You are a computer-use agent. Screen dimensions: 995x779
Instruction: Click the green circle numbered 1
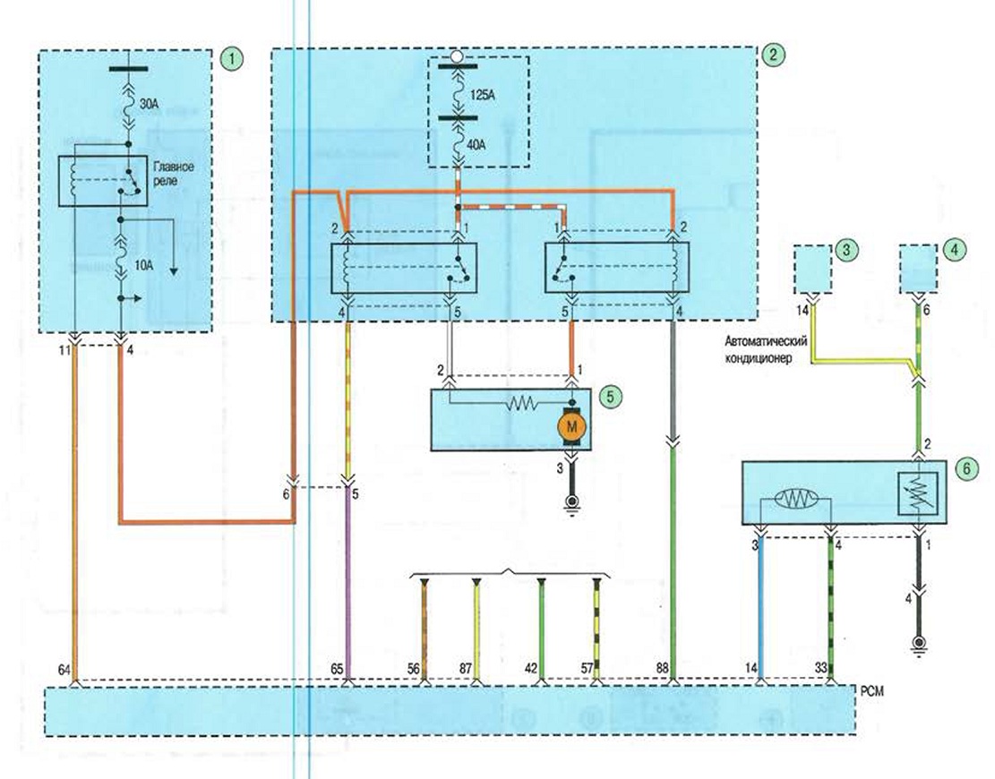[232, 60]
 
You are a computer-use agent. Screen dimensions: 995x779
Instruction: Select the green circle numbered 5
[610, 397]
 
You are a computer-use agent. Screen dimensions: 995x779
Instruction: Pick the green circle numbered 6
[966, 469]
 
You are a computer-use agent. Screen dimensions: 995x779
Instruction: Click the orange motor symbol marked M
[571, 426]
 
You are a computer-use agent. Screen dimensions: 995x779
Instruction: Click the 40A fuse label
[476, 145]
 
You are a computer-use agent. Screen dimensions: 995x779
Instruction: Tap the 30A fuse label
[148, 106]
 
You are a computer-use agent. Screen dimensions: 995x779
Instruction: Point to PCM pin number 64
[64, 669]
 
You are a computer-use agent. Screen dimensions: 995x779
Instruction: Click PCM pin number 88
[663, 668]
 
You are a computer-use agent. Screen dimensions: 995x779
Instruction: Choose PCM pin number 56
[414, 669]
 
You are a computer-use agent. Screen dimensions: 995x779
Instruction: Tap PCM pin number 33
[821, 668]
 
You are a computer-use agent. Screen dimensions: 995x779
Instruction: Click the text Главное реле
[173, 174]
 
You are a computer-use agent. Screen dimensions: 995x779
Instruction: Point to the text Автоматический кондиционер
[767, 349]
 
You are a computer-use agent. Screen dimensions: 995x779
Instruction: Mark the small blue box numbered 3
[813, 269]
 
